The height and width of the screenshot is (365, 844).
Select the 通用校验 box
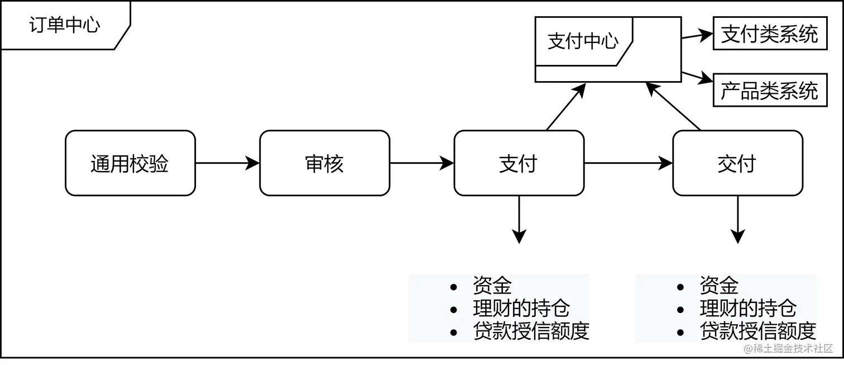pyautogui.click(x=130, y=163)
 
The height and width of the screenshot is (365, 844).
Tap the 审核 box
pyautogui.click(x=324, y=163)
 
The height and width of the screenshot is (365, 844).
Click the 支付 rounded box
pyautogui.click(x=519, y=163)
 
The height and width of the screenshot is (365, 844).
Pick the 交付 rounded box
pyautogui.click(x=737, y=163)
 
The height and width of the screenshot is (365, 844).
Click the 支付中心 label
pyautogui.click(x=583, y=41)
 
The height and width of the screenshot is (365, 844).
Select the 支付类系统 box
pyautogui.click(x=770, y=35)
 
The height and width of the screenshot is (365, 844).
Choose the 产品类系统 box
pyautogui.click(x=770, y=91)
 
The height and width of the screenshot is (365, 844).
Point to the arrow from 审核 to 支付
pyautogui.click(x=421, y=163)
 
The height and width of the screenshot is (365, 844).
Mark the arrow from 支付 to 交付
pyautogui.click(x=628, y=163)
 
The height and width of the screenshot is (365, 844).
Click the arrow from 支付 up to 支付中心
pyautogui.click(x=565, y=107)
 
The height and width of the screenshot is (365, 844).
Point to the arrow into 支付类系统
pyautogui.click(x=697, y=36)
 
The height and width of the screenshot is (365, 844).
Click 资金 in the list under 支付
pyautogui.click(x=492, y=286)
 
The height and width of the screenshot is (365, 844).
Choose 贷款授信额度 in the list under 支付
pyautogui.click(x=530, y=331)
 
